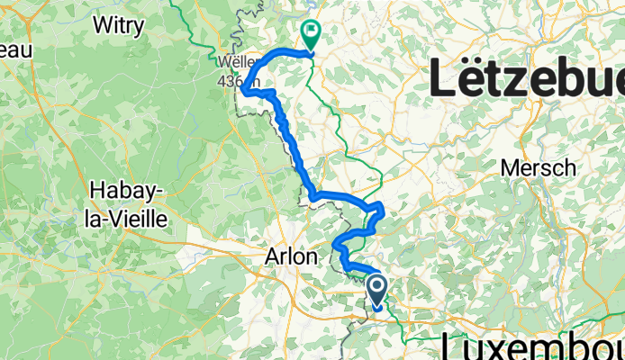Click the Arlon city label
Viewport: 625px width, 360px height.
(291, 256)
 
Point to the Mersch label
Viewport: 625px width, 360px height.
(539, 167)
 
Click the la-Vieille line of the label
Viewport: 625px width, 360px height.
(125, 214)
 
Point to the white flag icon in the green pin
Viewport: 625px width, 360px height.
(311, 32)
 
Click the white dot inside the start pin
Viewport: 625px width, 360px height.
(377, 287)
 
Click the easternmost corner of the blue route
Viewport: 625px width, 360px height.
(384, 209)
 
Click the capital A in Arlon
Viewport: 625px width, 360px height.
(272, 256)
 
